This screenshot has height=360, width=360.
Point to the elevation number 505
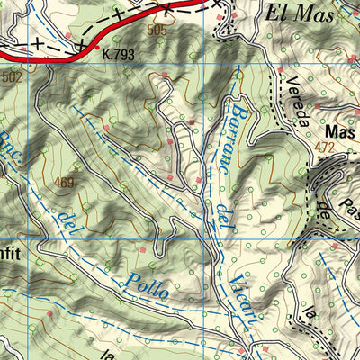pos(157,31)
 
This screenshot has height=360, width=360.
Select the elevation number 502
pos(12,78)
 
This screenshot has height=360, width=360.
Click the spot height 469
pos(64,183)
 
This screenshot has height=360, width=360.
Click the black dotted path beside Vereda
pos(272,108)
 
